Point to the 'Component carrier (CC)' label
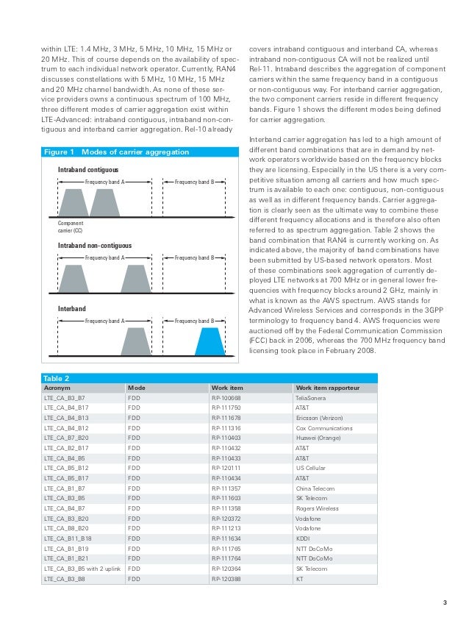click(x=71, y=227)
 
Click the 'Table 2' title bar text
click(x=57, y=377)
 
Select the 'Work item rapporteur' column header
click(x=326, y=387)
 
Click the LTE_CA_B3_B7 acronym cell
click(x=65, y=397)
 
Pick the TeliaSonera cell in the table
click(x=312, y=397)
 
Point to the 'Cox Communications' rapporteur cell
click(x=323, y=428)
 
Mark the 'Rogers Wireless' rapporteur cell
click(x=316, y=508)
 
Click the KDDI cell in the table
click(x=302, y=538)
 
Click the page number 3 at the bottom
click(x=444, y=605)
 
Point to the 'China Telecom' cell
click(x=315, y=488)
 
